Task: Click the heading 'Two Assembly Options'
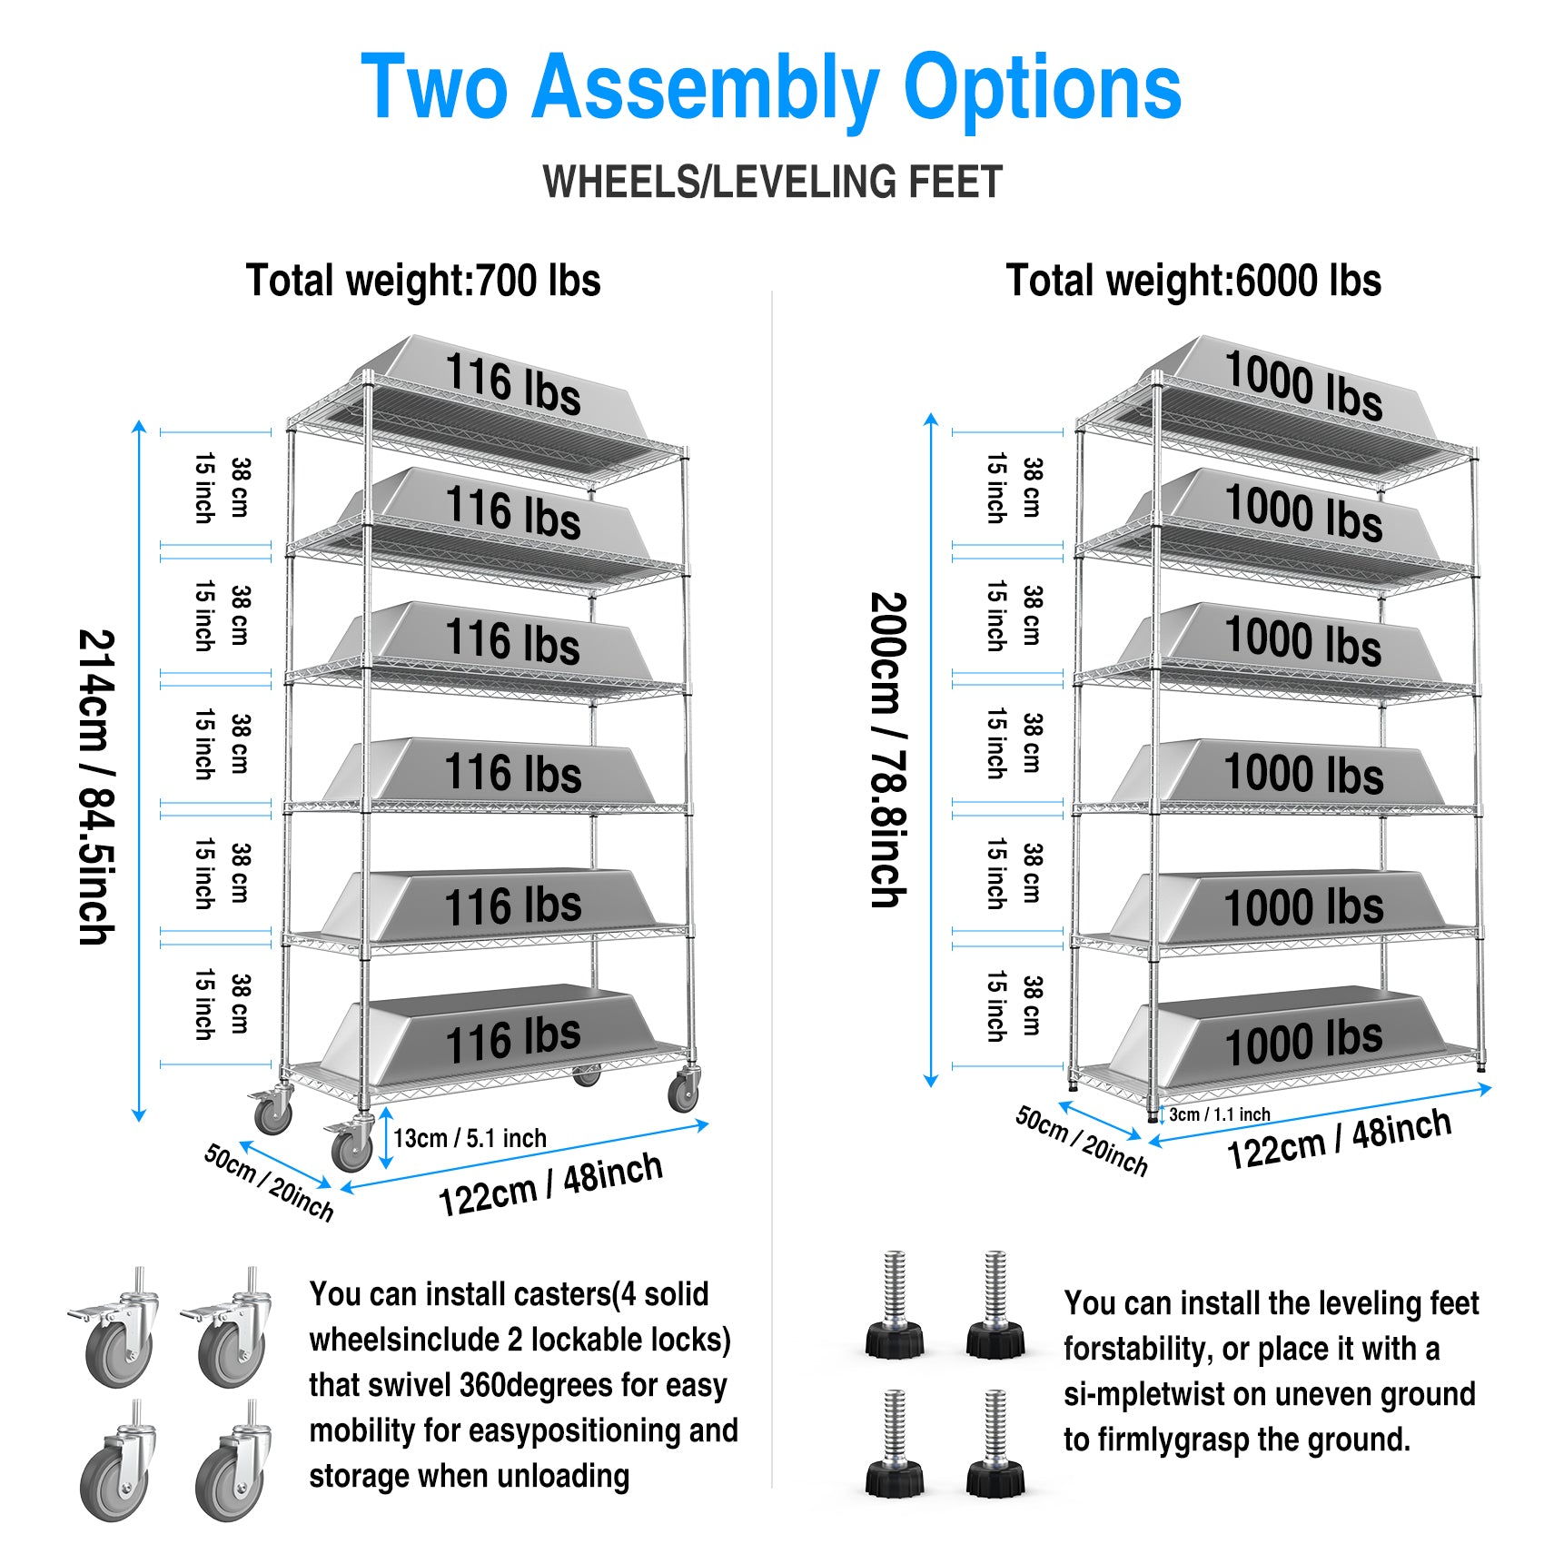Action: [771, 87]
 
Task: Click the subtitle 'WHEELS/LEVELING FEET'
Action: [772, 182]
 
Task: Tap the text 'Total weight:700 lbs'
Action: [423, 281]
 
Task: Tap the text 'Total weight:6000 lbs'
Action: [1193, 281]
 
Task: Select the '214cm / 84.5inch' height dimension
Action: [95, 787]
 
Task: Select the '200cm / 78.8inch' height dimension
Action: [887, 750]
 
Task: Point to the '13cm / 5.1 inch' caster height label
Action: [470, 1138]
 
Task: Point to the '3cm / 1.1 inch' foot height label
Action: [1219, 1114]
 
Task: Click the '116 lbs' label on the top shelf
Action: [513, 385]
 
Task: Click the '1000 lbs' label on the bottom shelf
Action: [1303, 1042]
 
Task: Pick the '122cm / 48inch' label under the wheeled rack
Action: [550, 1184]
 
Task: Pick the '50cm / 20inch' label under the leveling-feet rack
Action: [1081, 1141]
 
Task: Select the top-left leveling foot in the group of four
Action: [895, 1308]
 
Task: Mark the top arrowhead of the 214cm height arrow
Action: [139, 427]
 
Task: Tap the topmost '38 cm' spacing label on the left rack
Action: [240, 488]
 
